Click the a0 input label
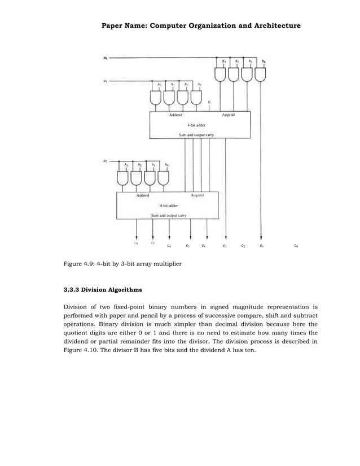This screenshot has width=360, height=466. [105, 57]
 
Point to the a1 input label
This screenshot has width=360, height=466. [105, 81]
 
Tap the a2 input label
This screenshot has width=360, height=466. [105, 161]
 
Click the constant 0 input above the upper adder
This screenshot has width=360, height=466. [209, 102]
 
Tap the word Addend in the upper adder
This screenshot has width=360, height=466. [176, 115]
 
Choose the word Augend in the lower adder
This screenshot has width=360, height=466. [197, 195]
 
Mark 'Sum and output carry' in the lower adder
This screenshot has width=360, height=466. [169, 215]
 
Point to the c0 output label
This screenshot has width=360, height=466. [296, 245]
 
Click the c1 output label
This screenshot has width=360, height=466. [261, 245]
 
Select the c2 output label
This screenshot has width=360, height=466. [243, 245]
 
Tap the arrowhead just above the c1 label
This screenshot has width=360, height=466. [261, 238]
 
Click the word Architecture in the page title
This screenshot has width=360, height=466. [275, 26]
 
